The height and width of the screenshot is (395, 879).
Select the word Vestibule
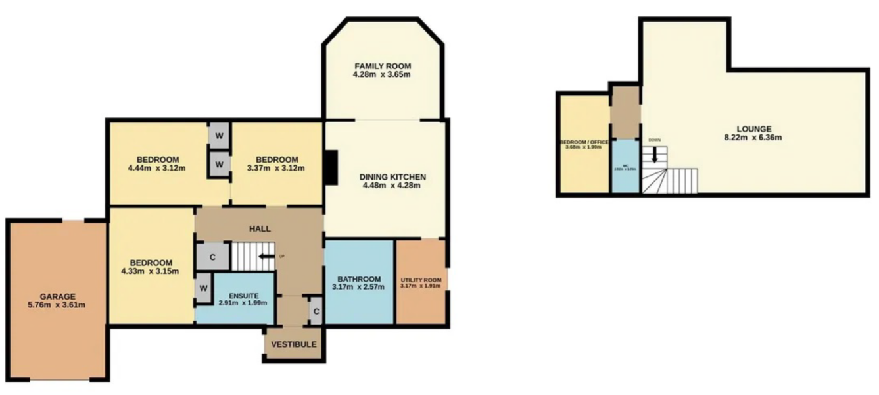click(293, 344)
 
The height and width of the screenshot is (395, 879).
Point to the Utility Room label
click(421, 282)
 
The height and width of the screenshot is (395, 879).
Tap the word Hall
click(260, 228)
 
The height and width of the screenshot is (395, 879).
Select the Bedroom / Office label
click(584, 142)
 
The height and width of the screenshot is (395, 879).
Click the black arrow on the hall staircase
click(266, 256)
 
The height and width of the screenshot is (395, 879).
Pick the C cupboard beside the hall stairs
click(213, 256)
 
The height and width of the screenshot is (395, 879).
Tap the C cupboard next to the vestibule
click(316, 311)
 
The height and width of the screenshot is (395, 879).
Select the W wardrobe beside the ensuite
click(204, 288)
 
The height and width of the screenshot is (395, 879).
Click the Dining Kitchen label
click(394, 177)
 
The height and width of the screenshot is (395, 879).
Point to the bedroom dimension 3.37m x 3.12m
click(277, 168)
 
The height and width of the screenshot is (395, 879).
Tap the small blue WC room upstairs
click(625, 166)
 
